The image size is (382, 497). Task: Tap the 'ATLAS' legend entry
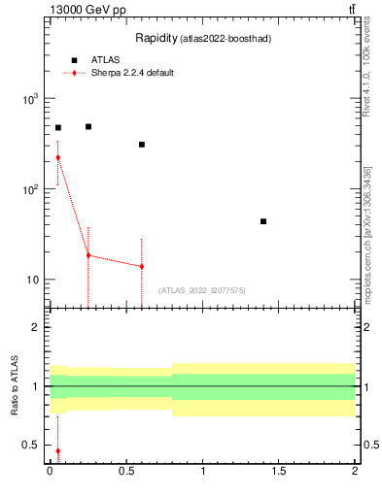pyautogui.click(x=105, y=60)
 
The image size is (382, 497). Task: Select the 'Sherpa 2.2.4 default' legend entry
pyautogui.click(x=132, y=73)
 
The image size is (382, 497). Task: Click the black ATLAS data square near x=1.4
pyautogui.click(x=263, y=221)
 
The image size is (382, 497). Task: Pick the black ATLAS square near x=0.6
pyautogui.click(x=142, y=145)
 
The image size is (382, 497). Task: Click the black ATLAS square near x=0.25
pyautogui.click(x=88, y=126)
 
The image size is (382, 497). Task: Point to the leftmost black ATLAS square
pyautogui.click(x=58, y=127)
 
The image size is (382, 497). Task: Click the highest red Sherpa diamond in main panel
pyautogui.click(x=58, y=157)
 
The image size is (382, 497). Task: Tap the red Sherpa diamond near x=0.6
pyautogui.click(x=142, y=266)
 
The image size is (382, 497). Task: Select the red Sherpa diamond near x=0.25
pyautogui.click(x=88, y=255)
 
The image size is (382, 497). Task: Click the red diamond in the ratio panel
pyautogui.click(x=58, y=450)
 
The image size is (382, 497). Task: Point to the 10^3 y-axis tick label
pyautogui.click(x=29, y=99)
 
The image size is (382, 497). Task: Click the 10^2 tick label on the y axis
pyautogui.click(x=29, y=189)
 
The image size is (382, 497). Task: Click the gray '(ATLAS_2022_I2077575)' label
pyautogui.click(x=202, y=290)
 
